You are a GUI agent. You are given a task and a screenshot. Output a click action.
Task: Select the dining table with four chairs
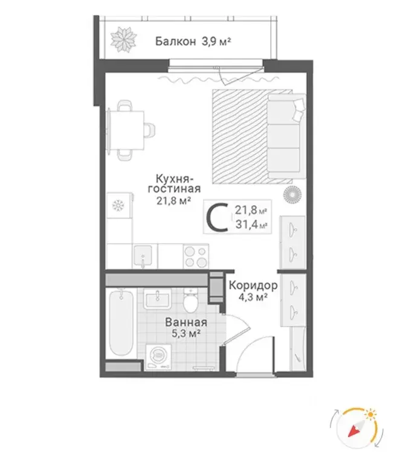point(126,127)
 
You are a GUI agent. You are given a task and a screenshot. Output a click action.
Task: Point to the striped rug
point(242,136)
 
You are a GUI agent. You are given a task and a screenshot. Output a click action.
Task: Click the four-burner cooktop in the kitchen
point(195,255)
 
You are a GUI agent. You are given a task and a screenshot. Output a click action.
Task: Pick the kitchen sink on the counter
point(143,255)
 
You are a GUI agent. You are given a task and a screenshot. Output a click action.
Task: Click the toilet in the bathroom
point(192,299)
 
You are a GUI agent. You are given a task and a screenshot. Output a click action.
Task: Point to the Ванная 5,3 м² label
point(182,328)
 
